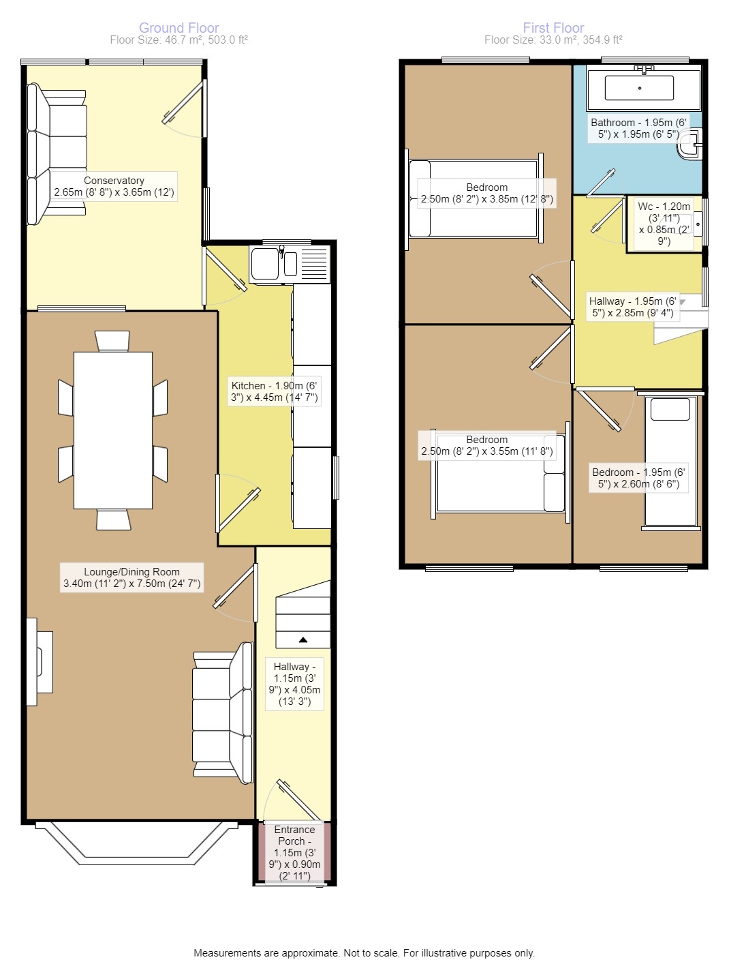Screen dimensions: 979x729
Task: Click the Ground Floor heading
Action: tap(179, 28)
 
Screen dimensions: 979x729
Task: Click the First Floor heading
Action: tap(553, 28)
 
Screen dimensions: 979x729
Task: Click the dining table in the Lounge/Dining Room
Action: tap(112, 430)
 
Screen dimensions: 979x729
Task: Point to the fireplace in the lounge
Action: tap(40, 661)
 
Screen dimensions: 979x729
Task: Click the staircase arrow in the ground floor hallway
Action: tap(303, 640)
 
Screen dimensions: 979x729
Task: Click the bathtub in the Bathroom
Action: tap(640, 89)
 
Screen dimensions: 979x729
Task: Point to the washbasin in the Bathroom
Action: tap(691, 145)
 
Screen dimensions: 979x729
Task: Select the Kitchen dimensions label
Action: tap(274, 391)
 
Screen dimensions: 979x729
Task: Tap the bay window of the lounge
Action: tap(136, 845)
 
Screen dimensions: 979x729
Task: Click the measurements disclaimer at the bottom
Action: tap(364, 953)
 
